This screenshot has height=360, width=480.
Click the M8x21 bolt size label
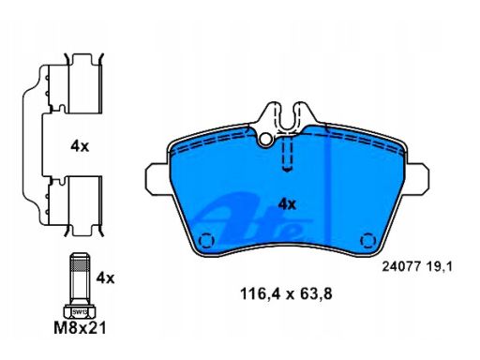(x=80, y=328)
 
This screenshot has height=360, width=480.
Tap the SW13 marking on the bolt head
(x=79, y=311)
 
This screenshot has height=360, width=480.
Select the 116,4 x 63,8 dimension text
(x=286, y=294)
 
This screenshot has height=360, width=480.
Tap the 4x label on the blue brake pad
(x=287, y=204)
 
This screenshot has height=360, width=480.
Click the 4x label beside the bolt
(x=105, y=277)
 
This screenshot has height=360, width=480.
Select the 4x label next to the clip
(x=80, y=146)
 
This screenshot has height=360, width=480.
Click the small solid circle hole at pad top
(x=265, y=140)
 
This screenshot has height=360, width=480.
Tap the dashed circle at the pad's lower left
(x=205, y=241)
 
